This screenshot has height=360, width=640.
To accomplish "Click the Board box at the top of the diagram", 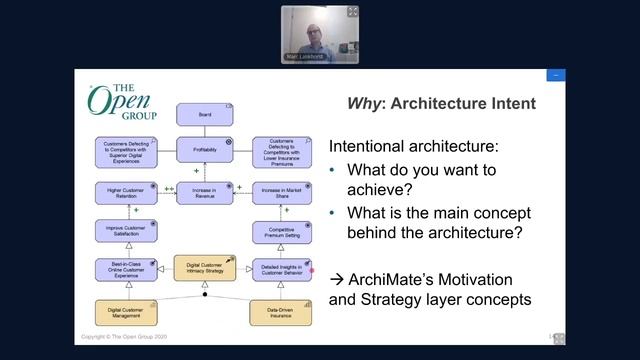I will click(204, 115).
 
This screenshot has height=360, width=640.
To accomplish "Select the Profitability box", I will click(204, 151).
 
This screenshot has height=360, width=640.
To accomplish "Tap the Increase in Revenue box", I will click(204, 193).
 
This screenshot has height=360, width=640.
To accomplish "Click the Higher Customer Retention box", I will click(126, 193).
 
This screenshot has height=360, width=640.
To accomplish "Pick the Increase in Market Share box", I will click(282, 193).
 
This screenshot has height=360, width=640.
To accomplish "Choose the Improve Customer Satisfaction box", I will click(126, 231).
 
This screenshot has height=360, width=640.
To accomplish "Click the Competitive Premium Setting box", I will click(282, 231).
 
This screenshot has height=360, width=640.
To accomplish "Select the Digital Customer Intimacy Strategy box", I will click(204, 268).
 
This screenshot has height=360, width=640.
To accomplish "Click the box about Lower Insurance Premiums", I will click(282, 151).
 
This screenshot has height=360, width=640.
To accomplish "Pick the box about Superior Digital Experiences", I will click(126, 151).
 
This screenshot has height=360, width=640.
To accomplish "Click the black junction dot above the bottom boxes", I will click(204, 295).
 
